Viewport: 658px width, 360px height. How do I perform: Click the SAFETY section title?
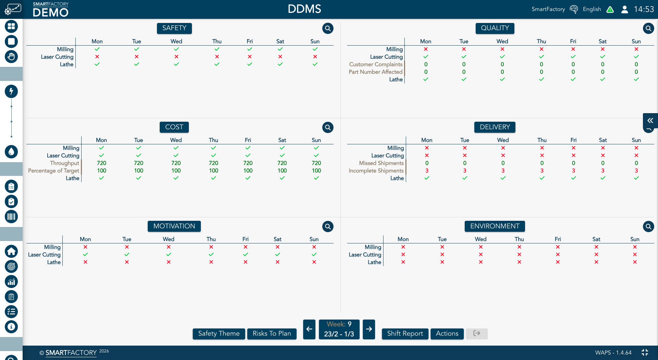pos(174,28)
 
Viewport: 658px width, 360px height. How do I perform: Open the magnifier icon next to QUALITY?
pos(648,28)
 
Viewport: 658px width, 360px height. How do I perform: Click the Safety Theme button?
pos(219,334)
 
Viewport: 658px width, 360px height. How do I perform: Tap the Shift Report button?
pos(405,334)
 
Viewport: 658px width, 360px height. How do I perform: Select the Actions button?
pos(447,334)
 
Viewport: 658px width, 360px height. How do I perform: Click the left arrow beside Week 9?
pos(309,329)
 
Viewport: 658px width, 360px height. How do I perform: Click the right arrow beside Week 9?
pos(369,329)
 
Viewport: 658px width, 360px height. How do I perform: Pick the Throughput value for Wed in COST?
pos(176,163)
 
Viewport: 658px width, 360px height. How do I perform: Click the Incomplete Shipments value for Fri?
pos(573,171)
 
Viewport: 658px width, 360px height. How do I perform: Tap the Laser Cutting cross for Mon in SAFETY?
pos(97,57)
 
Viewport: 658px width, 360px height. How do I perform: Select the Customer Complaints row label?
pos(376,64)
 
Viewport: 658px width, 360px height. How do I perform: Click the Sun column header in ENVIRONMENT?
pos(635,239)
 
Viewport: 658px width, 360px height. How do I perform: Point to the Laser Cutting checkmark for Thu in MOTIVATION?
pos(211,254)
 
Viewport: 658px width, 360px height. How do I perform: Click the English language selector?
pos(592,9)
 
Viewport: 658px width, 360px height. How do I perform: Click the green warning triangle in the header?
pos(610,10)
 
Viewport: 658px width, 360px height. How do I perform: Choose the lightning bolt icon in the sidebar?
pos(11,91)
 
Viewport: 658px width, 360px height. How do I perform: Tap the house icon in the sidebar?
pos(11,251)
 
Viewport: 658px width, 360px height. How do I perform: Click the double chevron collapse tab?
pos(650,121)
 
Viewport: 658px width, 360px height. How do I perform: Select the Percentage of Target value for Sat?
pos(282,171)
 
